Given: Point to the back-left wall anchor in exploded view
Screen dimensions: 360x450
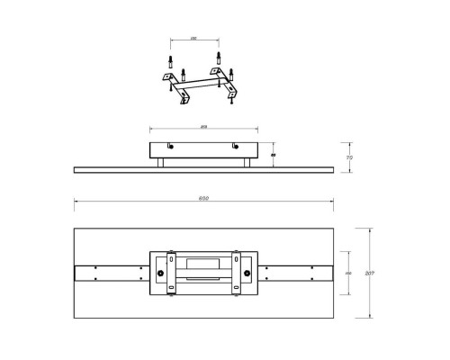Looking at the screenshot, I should coord(169,63).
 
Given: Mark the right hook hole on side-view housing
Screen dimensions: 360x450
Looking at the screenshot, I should coord(236,148).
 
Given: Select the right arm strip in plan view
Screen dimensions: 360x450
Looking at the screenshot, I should coord(299,273).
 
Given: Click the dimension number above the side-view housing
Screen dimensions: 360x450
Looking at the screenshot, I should coord(204,126).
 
